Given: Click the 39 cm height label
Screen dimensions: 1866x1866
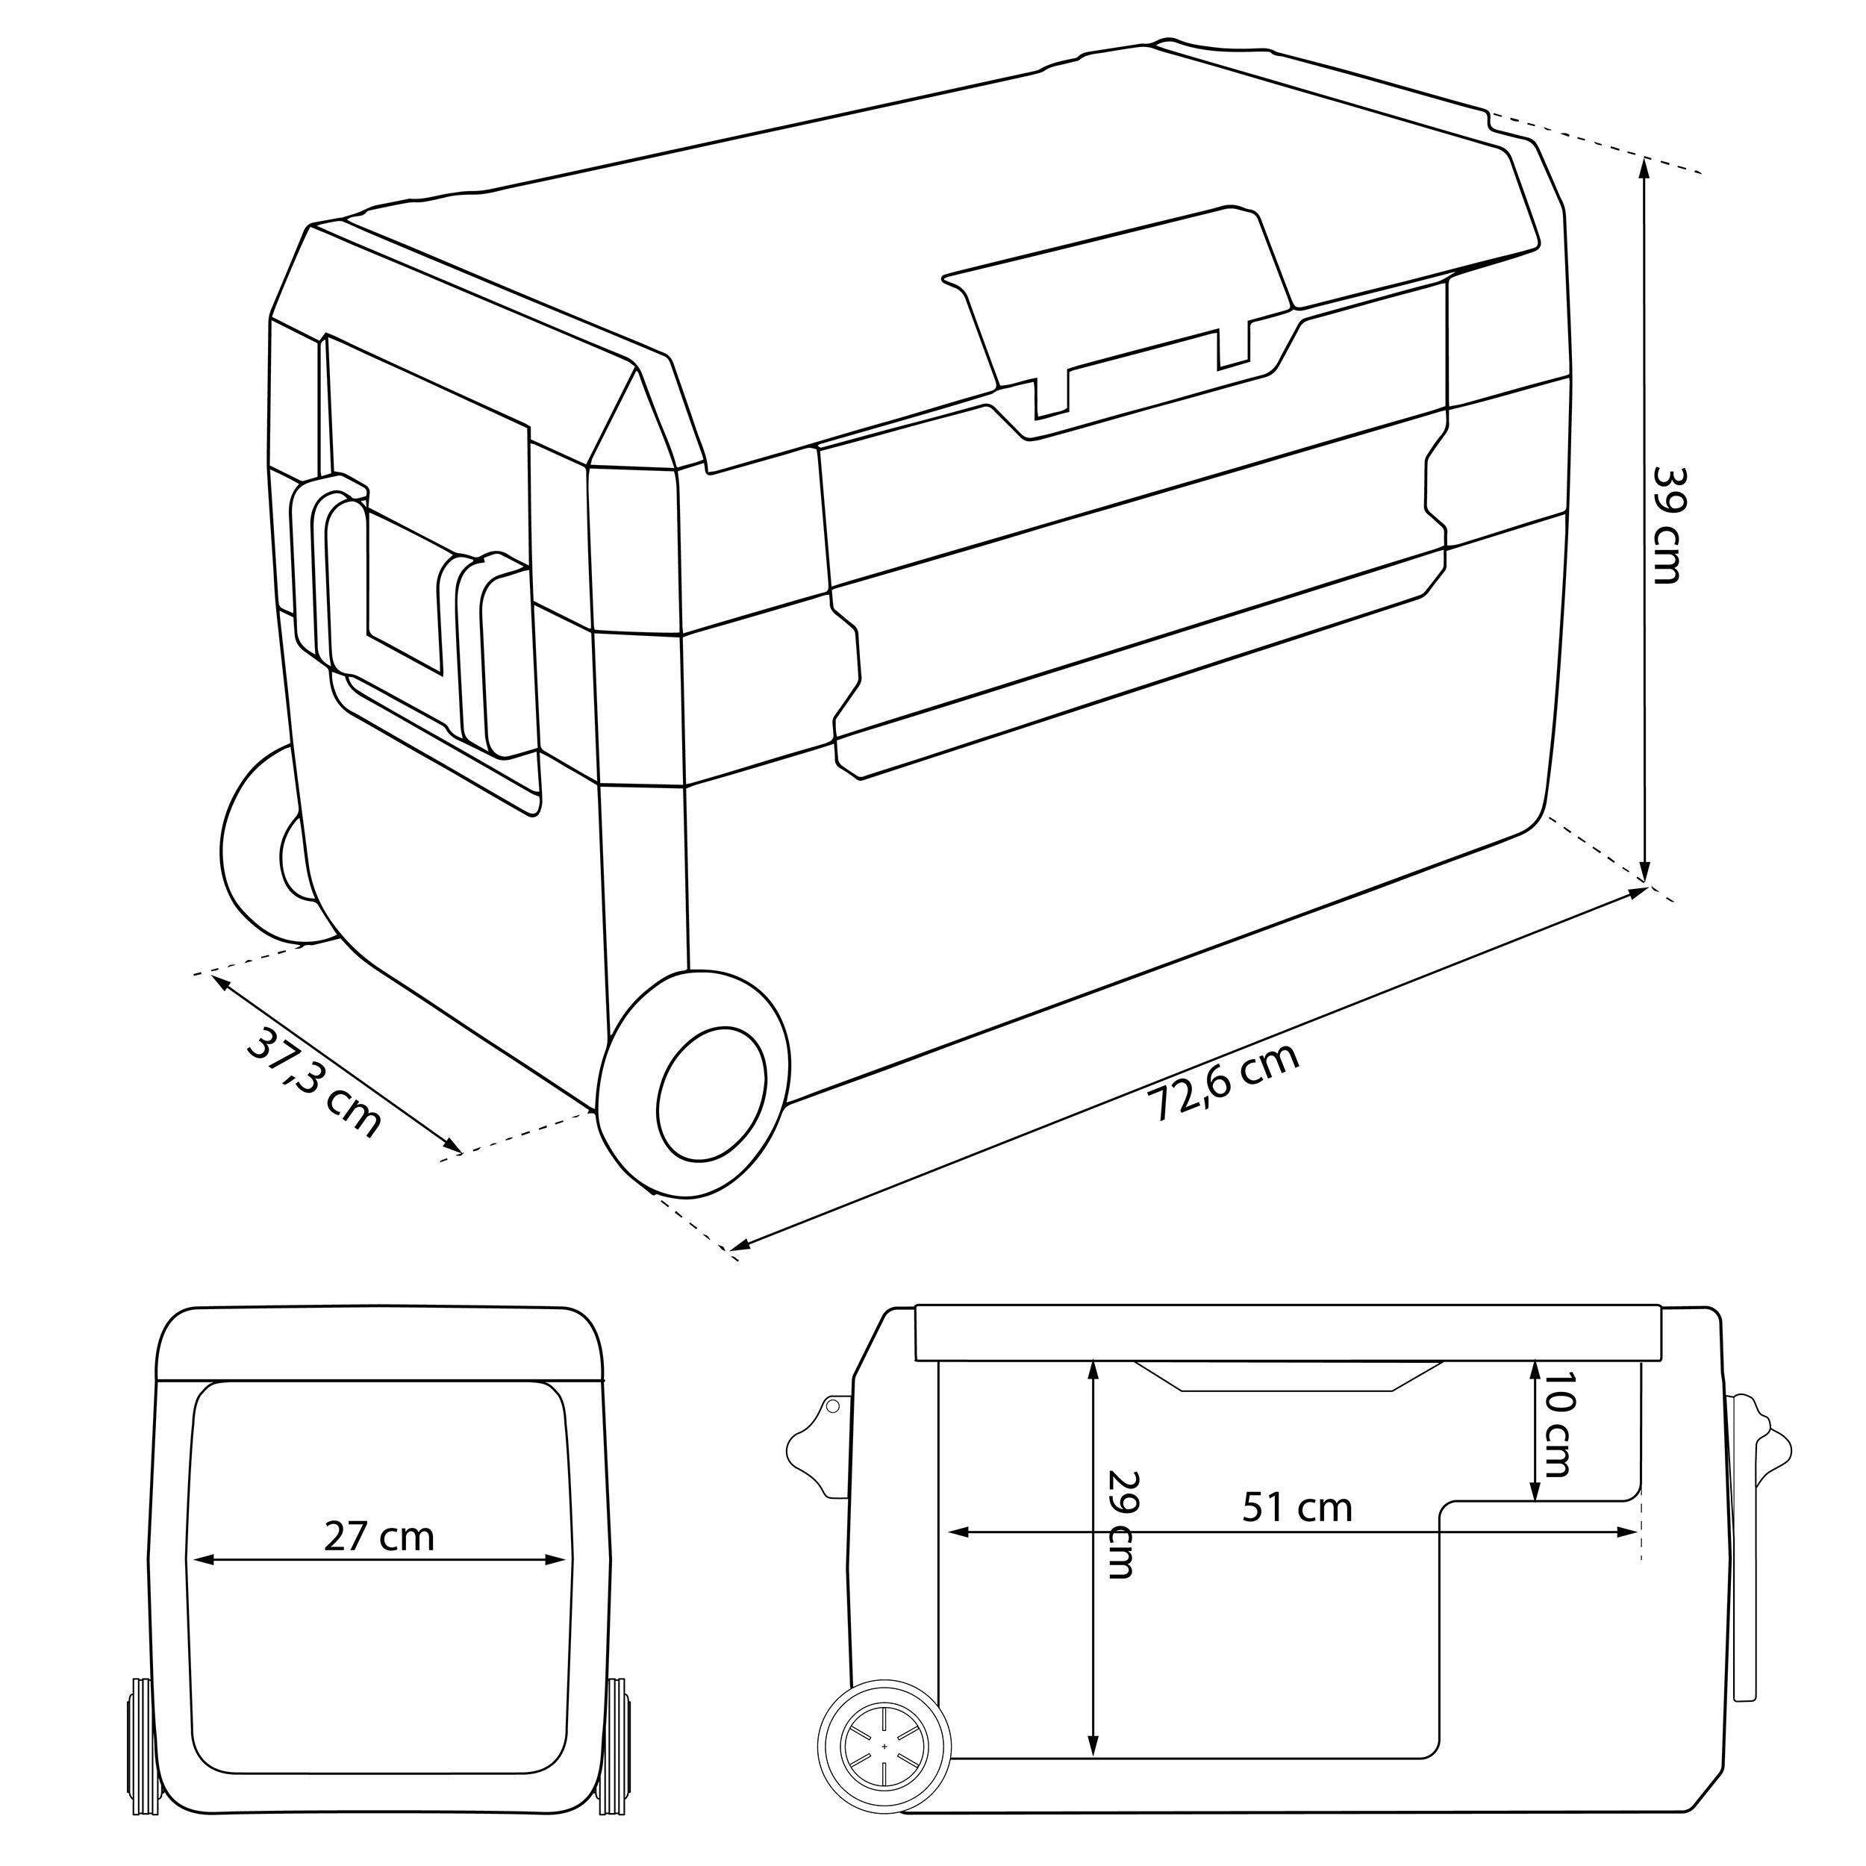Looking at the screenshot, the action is pos(1668,526).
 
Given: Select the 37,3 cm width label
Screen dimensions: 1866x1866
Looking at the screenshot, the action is pos(314,1084).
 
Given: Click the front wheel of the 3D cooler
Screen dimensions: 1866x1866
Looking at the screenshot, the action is pos(693,1083).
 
